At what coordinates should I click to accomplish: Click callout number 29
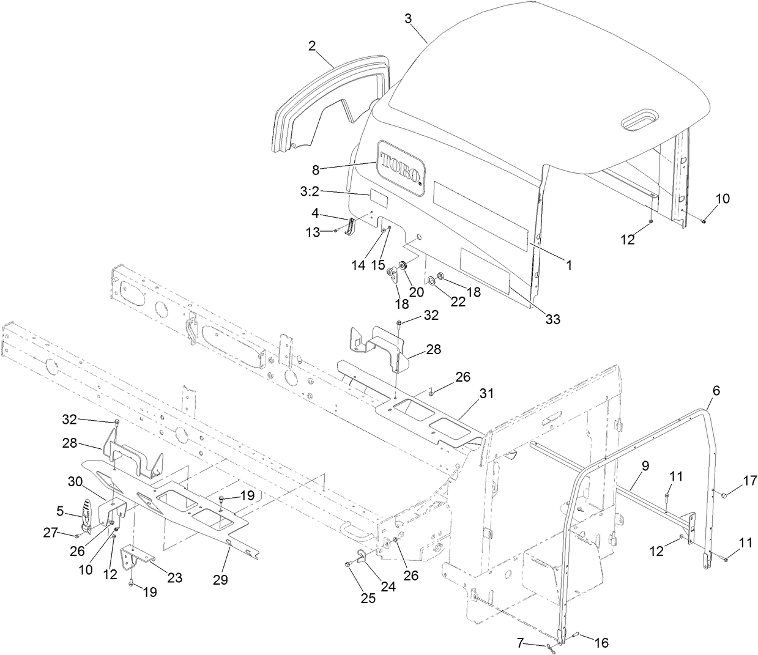[220, 579]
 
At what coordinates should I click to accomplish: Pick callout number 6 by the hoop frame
[716, 388]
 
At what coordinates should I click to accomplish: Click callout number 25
[368, 598]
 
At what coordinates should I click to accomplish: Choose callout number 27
[50, 534]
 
